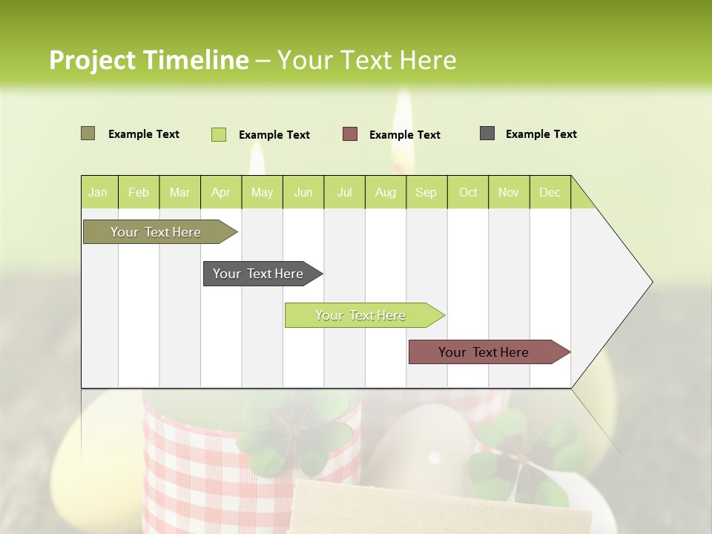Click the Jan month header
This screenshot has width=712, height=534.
coord(98,192)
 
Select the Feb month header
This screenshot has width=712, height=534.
coord(139,192)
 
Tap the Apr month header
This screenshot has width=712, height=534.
coord(220,192)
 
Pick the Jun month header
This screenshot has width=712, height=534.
coord(303,192)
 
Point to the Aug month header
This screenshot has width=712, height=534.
coord(385,192)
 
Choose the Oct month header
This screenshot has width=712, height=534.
coord(468,192)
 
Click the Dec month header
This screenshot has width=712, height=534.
coord(550,192)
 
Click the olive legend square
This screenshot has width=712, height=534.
coord(88,133)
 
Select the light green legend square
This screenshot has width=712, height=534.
coord(219,134)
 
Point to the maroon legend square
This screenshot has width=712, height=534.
coord(350,134)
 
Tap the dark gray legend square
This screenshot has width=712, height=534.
coord(487,133)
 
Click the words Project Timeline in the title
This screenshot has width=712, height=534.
coord(148,60)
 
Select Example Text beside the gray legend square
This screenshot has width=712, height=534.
coord(541,134)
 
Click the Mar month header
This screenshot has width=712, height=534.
coord(179,192)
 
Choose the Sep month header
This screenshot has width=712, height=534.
coord(426,192)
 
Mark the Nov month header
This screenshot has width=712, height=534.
coord(508,192)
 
